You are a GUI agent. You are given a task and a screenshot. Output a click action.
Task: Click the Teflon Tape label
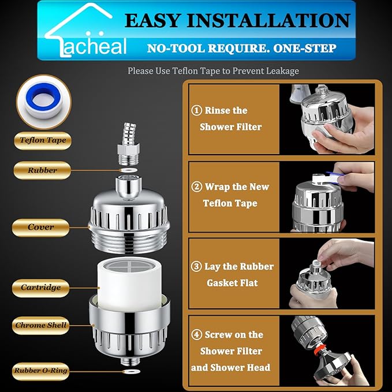43,140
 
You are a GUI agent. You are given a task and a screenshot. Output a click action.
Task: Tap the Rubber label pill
43,170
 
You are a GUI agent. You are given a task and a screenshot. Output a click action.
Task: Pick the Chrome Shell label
41,325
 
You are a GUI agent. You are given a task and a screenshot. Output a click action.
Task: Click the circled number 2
196,187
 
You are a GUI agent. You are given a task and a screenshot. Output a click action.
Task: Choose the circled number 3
196,267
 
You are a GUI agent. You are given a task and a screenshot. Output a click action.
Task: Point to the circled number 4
196,335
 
